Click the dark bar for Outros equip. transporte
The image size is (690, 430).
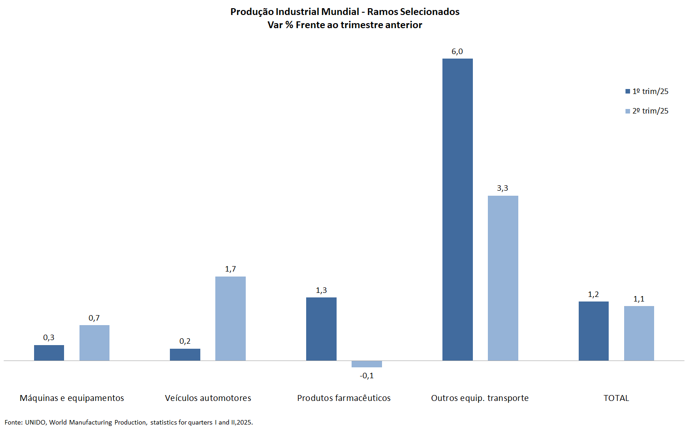457,209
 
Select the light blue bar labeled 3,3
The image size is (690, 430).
503,278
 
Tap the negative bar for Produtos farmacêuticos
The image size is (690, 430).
367,364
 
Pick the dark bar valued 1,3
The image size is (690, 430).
321,329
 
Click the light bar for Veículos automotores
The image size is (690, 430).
230,318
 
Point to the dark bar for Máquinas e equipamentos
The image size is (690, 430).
49,353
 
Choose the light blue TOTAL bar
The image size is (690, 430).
639,333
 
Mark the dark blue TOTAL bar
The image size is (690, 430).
594,331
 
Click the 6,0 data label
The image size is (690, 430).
457,52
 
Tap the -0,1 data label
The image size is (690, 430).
367,376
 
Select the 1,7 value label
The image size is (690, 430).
230,269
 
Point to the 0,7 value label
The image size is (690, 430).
94,318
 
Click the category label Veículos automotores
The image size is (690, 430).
208,398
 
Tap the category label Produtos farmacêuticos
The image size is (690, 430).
344,398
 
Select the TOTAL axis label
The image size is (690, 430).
616,398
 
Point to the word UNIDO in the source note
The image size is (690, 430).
35,422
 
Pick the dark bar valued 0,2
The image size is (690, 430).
185,355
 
